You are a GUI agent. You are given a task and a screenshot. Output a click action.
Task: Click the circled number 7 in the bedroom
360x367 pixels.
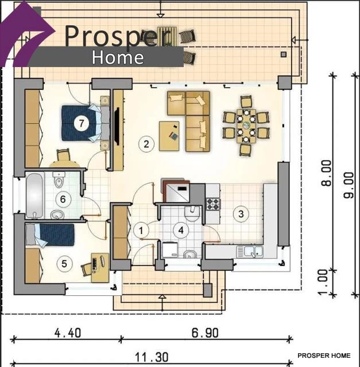pyautogui.click(x=82, y=123)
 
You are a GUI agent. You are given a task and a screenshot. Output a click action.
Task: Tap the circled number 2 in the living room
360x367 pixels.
pyautogui.click(x=146, y=144)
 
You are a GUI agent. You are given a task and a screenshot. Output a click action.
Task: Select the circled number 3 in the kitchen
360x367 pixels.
pyautogui.click(x=241, y=214)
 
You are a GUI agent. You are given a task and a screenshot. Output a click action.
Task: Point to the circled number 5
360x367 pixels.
pyautogui.click(x=64, y=264)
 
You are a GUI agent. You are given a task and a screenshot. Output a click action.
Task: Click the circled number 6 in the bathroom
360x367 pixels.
pyautogui.click(x=63, y=200)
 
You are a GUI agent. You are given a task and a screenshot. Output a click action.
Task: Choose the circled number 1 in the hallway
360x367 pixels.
pyautogui.click(x=141, y=231)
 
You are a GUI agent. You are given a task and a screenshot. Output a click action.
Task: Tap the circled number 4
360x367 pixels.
pyautogui.click(x=181, y=231)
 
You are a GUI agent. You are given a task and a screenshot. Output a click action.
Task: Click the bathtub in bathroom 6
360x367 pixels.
pyautogui.click(x=34, y=196)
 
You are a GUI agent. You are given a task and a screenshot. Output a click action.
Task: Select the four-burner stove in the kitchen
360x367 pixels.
pyautogui.click(x=213, y=204)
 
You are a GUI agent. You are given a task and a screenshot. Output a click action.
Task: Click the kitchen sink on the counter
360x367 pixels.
pyautogui.click(x=250, y=252)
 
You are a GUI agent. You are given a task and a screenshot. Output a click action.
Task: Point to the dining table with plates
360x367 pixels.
pyautogui.click(x=246, y=126)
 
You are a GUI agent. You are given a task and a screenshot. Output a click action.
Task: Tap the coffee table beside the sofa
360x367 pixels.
pyautogui.click(x=169, y=136)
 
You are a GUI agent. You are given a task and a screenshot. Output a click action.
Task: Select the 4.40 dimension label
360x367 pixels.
pyautogui.click(x=68, y=333)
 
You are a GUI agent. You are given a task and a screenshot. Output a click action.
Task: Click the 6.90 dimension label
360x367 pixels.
pyautogui.click(x=205, y=333)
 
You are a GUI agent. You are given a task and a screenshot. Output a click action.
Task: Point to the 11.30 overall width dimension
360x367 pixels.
pyautogui.click(x=152, y=357)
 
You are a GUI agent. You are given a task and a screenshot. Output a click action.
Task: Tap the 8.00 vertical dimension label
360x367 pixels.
pyautogui.click(x=326, y=173)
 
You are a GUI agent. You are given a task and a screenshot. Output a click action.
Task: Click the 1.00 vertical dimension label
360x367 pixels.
pyautogui.click(x=323, y=282)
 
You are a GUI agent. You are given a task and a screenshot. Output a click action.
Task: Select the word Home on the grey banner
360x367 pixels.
pyautogui.click(x=118, y=57)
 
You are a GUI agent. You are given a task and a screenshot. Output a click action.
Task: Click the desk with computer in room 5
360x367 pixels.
pyautogui.click(x=100, y=268)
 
